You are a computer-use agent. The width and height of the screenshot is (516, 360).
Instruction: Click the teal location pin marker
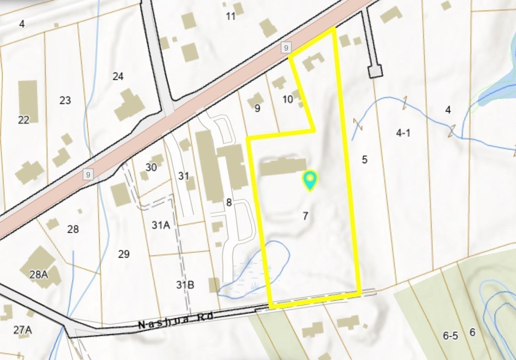tap(310, 180)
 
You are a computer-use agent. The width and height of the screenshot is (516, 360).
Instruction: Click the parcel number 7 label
tap(305, 216)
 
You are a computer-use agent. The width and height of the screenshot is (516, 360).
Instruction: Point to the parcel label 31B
tap(185, 285)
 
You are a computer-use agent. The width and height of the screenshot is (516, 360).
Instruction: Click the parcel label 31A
tap(161, 225)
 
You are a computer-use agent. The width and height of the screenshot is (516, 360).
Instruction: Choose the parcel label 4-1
tap(403, 133)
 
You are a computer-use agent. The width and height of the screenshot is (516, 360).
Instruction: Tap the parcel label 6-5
tap(450, 336)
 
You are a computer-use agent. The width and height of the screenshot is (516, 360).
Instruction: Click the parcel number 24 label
tap(118, 76)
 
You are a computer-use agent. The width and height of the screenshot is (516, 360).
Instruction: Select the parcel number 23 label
tap(65, 100)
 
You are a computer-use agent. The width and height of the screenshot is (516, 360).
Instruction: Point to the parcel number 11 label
tap(231, 16)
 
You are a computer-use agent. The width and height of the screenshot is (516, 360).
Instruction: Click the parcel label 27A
tap(23, 330)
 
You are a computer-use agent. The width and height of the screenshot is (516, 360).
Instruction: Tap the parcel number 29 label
tap(124, 254)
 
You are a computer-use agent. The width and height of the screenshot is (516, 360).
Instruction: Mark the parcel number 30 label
tap(151, 167)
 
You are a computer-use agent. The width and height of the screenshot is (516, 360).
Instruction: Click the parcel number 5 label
tap(364, 159)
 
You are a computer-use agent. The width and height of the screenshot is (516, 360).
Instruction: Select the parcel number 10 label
tap(287, 99)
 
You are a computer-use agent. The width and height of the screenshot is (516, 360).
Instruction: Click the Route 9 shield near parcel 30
tap(88, 175)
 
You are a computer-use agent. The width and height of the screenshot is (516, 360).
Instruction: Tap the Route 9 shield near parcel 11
tap(286, 47)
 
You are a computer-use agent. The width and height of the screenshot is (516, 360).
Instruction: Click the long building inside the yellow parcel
tap(283, 167)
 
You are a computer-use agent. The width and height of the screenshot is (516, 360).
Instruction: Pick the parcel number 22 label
tap(23, 120)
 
